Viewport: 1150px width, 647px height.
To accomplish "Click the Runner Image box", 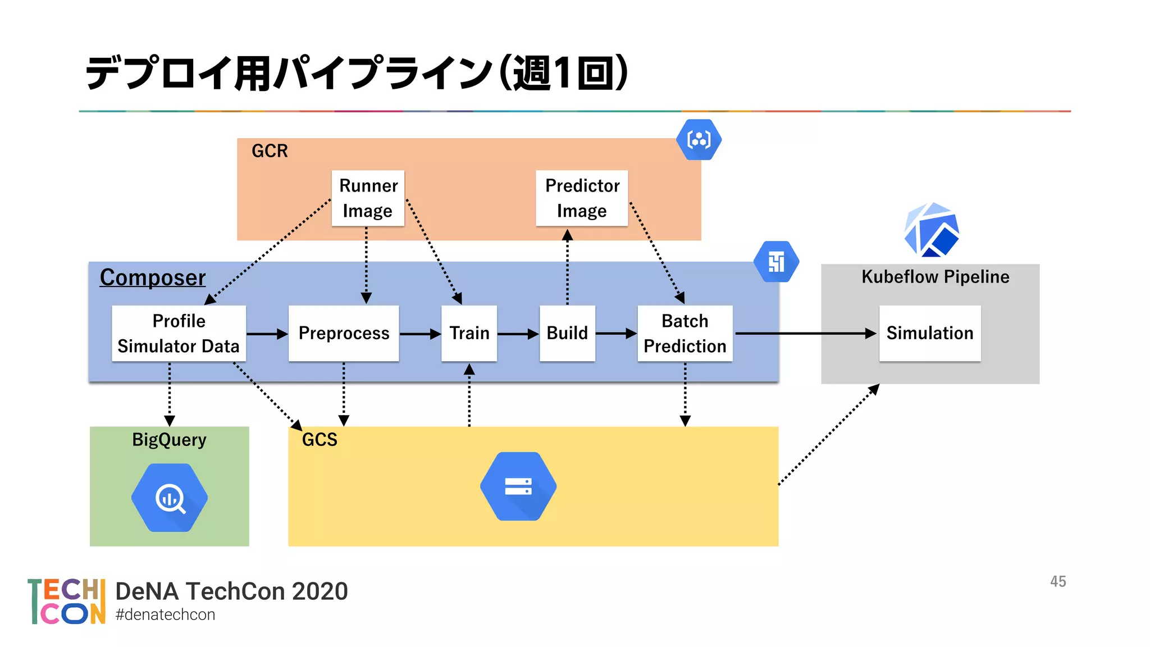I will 368,198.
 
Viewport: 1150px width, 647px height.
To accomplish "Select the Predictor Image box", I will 582,198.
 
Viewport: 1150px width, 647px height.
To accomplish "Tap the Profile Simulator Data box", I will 179,333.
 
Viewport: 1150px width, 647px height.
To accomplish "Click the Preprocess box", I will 344,333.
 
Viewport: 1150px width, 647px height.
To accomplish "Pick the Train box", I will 469,333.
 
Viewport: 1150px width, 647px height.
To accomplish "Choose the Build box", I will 567,333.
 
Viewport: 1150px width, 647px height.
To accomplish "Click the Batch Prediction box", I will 684,333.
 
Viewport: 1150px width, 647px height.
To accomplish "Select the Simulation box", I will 929,333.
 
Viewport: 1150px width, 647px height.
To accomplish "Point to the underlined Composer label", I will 153,277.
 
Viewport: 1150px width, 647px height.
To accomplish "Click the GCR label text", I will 270,151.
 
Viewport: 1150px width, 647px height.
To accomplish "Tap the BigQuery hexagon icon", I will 170,498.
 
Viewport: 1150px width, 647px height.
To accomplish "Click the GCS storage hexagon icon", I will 518,486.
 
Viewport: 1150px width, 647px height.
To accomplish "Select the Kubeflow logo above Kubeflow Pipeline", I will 932,230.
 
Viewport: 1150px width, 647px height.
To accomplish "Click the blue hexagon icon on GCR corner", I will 699,139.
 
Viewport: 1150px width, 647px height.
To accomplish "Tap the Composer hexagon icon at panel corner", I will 776,262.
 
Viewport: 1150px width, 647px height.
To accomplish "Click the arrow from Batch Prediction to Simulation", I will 806,334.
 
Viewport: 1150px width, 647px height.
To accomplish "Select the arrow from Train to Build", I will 518,334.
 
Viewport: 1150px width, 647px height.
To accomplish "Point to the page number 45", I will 1058,581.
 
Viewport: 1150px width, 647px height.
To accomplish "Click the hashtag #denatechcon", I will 165,614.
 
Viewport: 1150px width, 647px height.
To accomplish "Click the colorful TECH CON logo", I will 67,602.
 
